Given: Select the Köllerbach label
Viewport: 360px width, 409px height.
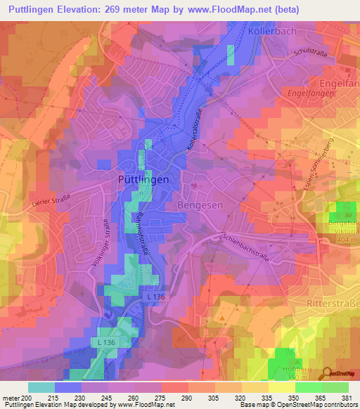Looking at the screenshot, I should pos(273,32).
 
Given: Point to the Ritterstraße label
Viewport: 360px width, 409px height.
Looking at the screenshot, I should pos(333,302).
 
